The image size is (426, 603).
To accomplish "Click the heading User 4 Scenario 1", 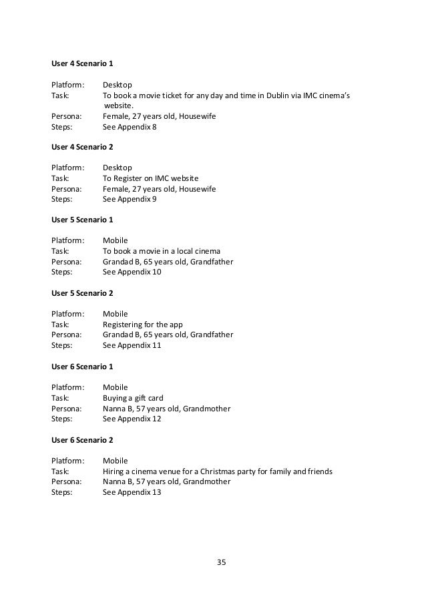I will (82, 63).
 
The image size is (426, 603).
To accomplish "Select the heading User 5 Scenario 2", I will (82, 292).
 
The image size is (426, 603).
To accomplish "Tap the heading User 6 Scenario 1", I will (82, 365).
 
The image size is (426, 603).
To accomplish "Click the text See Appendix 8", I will (130, 126).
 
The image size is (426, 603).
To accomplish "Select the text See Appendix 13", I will (132, 492).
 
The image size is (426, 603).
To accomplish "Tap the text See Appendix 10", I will (132, 272).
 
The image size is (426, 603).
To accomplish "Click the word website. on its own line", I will (119, 105).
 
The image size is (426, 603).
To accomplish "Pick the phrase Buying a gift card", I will (133, 398).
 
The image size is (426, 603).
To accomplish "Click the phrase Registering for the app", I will (142, 325).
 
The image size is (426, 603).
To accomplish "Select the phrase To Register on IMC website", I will (150, 178).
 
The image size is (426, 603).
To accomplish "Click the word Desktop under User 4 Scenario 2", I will (118, 168).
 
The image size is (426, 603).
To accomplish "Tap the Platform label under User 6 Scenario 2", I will (68, 461).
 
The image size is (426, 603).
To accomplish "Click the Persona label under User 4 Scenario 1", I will (66, 116).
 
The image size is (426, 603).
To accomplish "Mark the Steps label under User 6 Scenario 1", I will (61, 419).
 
